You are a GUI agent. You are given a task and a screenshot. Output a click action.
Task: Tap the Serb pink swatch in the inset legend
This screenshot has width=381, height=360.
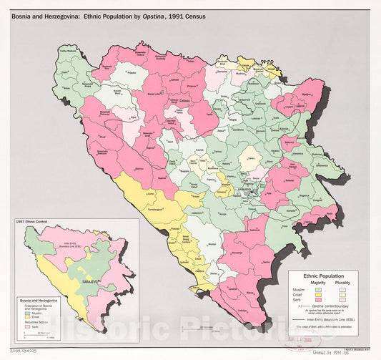click(29, 334)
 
